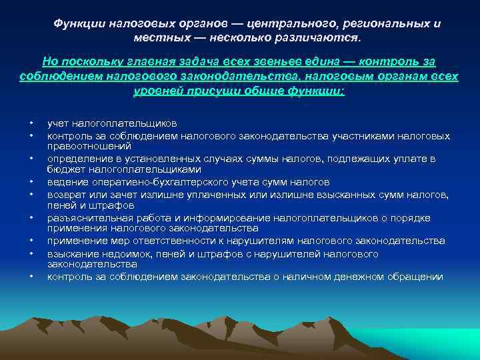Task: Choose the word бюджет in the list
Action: pyautogui.click(x=62, y=169)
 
